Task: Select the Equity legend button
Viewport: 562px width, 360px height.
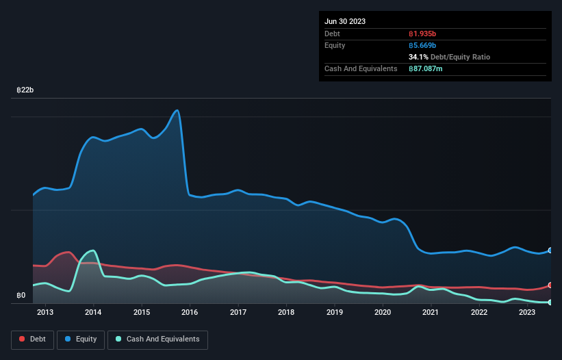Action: pyautogui.click(x=81, y=339)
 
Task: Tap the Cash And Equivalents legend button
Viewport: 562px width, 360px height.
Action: pyautogui.click(x=157, y=339)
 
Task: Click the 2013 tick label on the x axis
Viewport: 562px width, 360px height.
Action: pyautogui.click(x=45, y=313)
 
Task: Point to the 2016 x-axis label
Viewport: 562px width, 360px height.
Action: pyautogui.click(x=190, y=313)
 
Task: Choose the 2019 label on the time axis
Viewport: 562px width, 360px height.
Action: pyautogui.click(x=335, y=313)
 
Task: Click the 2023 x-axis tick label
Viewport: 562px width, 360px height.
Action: pyautogui.click(x=527, y=313)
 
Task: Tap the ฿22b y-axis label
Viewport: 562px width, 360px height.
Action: pyautogui.click(x=25, y=90)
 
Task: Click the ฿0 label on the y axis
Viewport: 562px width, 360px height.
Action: pyautogui.click(x=22, y=296)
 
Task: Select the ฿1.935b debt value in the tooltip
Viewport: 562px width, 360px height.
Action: pyautogui.click(x=422, y=34)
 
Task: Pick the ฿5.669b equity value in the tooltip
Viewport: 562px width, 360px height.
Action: pyautogui.click(x=422, y=45)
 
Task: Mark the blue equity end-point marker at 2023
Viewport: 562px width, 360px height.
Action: pyautogui.click(x=550, y=250)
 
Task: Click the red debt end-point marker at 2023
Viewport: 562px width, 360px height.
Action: pyautogui.click(x=550, y=285)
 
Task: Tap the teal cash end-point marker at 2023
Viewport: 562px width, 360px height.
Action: pyautogui.click(x=550, y=302)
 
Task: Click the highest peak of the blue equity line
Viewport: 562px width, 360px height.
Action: pyautogui.click(x=178, y=110)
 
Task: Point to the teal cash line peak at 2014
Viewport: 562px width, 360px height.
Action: pyautogui.click(x=92, y=250)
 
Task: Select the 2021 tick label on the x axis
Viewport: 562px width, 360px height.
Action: pyautogui.click(x=431, y=313)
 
